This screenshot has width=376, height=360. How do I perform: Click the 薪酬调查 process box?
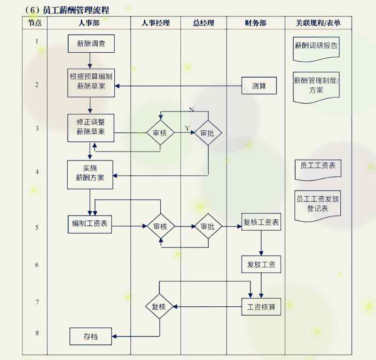click(91, 44)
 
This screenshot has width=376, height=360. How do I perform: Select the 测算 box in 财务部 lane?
click(259, 86)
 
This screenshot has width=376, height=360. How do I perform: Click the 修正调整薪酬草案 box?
click(91, 127)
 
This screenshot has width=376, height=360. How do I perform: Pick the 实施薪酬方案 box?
click(90, 175)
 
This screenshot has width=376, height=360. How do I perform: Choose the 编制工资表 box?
click(89, 224)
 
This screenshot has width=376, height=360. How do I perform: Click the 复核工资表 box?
click(261, 222)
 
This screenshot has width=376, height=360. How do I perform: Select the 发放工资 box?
click(261, 264)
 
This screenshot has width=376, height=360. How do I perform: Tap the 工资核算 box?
click(261, 307)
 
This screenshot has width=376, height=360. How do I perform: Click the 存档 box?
click(91, 336)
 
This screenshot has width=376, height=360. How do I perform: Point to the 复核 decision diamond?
click(159, 307)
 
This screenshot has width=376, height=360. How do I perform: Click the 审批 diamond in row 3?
click(208, 133)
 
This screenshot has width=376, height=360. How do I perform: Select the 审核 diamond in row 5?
click(161, 226)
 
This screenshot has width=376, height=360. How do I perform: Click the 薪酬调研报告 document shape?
click(316, 47)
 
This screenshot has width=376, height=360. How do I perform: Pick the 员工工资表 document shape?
click(318, 167)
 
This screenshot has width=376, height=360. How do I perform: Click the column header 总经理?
click(204, 23)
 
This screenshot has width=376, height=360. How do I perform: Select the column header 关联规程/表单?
click(318, 23)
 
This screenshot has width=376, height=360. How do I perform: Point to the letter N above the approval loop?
click(191, 110)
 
